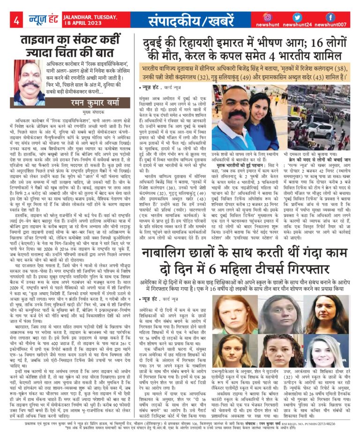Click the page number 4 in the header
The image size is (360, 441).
click(16, 20)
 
